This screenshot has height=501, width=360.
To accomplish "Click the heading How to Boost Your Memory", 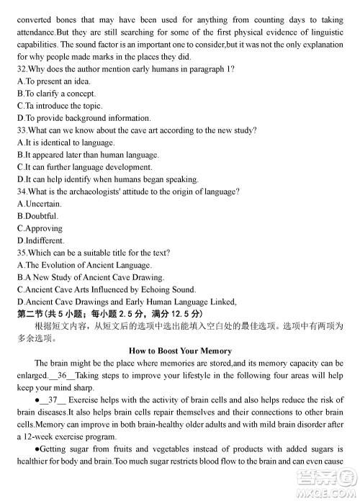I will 180,351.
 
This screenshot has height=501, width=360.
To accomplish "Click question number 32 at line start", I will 22,69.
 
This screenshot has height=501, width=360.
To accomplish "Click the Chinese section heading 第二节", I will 31,314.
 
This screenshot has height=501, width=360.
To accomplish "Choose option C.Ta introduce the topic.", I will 62,106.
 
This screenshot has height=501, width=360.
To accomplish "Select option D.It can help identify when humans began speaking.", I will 108,179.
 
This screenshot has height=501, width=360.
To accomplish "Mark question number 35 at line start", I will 22,253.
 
